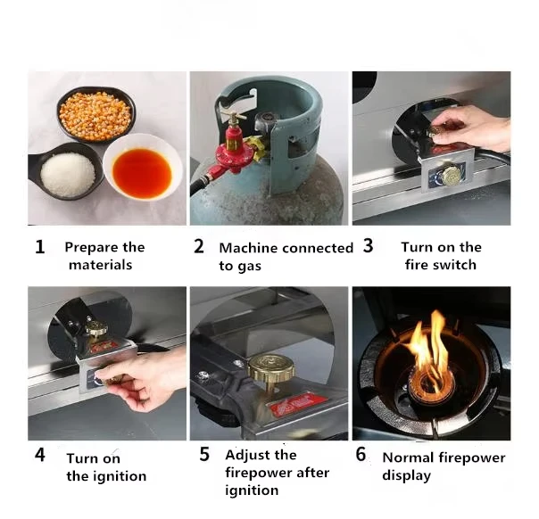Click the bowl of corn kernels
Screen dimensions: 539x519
95,114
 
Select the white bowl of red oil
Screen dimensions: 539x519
143,168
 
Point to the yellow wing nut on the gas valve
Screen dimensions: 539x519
255,147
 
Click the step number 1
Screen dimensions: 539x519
40,247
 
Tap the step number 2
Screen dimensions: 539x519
199,246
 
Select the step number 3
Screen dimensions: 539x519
369,245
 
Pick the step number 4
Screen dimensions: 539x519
40,455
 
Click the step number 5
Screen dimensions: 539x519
204,454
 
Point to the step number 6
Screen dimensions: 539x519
361,454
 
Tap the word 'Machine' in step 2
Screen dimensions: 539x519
247,248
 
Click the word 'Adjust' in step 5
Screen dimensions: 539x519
245,456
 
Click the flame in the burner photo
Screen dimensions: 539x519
430,354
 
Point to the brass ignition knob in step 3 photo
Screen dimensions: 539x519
451,175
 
